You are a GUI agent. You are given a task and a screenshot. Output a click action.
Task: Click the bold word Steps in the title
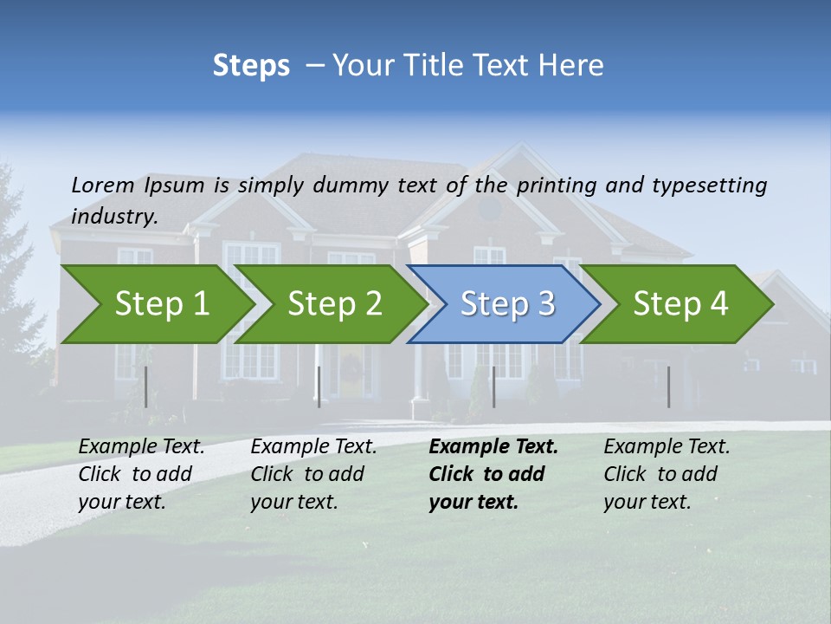click(x=251, y=66)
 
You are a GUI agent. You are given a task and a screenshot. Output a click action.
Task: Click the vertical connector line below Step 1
click(x=145, y=387)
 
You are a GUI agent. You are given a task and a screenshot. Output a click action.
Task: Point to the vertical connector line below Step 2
click(x=319, y=387)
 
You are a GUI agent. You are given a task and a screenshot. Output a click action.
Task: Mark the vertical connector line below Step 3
click(x=493, y=387)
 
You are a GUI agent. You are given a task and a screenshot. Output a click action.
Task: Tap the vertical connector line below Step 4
click(x=668, y=387)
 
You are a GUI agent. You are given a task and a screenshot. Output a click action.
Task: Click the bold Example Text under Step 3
click(x=492, y=474)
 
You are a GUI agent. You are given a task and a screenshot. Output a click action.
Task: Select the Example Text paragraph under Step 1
click(x=140, y=474)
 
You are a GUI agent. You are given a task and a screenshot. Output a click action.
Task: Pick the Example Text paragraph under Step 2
click(x=312, y=474)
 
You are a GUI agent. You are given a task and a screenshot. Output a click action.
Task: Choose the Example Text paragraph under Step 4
click(x=666, y=474)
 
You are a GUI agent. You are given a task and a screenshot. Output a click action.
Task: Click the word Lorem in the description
click(x=103, y=185)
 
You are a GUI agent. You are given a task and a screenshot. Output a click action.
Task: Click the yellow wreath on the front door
click(x=351, y=368)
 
